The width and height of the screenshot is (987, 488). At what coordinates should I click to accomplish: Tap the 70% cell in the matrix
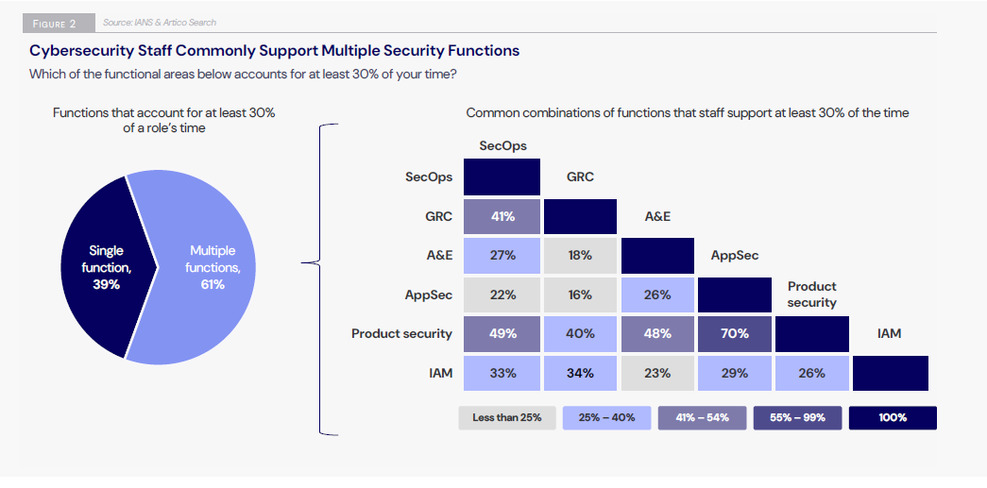[735, 333]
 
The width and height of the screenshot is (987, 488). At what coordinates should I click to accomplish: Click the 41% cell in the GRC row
[502, 216]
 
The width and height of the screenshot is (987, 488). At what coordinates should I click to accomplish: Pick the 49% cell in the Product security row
[502, 333]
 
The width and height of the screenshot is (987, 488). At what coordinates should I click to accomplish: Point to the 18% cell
[580, 255]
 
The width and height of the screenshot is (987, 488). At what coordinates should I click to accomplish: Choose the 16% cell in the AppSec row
[580, 294]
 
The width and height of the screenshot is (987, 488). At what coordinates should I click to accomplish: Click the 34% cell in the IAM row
[580, 373]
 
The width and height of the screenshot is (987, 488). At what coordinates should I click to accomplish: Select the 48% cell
[657, 333]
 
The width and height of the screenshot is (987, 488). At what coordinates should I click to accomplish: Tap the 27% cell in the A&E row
[502, 255]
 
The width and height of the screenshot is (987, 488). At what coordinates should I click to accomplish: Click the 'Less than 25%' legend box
[507, 417]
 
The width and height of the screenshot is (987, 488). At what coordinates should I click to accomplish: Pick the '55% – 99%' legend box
[796, 417]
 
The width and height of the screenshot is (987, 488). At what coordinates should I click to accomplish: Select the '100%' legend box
[893, 417]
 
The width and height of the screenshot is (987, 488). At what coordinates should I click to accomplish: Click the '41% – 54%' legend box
[700, 417]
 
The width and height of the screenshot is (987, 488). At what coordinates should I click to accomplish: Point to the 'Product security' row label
[401, 333]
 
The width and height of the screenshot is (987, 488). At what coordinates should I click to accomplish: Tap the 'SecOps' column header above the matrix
[502, 146]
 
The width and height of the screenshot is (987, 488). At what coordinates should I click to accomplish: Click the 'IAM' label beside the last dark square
[889, 333]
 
